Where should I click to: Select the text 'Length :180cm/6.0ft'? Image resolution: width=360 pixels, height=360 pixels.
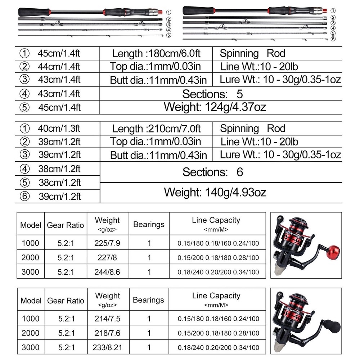pyautogui.click(x=156, y=54)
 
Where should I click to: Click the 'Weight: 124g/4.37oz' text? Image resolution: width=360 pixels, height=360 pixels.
pyautogui.click(x=215, y=107)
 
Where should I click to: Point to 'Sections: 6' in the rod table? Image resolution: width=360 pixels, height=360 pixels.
pyautogui.click(x=213, y=172)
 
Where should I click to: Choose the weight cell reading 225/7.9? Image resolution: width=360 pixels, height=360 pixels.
pyautogui.click(x=107, y=243)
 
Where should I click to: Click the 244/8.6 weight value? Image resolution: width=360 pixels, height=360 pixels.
pyautogui.click(x=107, y=271)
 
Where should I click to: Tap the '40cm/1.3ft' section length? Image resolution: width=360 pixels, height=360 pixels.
pyautogui.click(x=59, y=129)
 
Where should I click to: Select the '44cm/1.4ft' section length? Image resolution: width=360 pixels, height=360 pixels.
pyautogui.click(x=59, y=67)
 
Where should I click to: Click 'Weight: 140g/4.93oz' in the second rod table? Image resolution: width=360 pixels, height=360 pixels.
pyautogui.click(x=215, y=192)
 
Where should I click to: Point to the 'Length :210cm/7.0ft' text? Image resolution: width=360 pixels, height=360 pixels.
pyautogui.click(x=156, y=129)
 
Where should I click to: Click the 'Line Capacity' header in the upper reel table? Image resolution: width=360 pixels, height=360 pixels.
pyautogui.click(x=216, y=220)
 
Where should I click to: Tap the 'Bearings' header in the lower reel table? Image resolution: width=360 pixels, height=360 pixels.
pyautogui.click(x=149, y=300)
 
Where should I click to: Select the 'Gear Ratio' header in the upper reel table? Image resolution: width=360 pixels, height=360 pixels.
pyautogui.click(x=66, y=225)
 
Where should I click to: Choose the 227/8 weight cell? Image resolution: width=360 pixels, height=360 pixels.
pyautogui.click(x=107, y=257)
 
